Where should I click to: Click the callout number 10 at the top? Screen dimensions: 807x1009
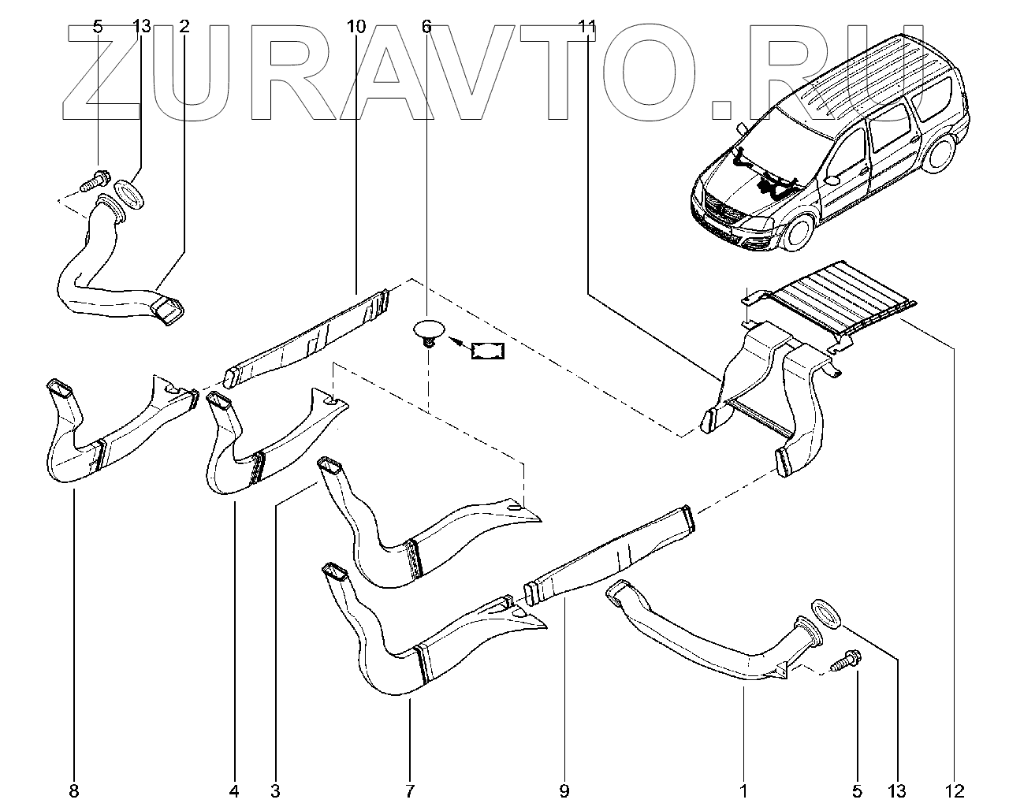pos(356,27)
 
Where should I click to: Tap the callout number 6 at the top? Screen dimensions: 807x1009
pos(426,27)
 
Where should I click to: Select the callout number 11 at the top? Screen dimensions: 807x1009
pos(586,27)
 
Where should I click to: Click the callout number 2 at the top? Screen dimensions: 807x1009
pos(184,27)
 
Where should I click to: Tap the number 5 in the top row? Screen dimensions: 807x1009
pos(98,27)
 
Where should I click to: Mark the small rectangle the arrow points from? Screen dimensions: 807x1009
pos(488,351)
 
